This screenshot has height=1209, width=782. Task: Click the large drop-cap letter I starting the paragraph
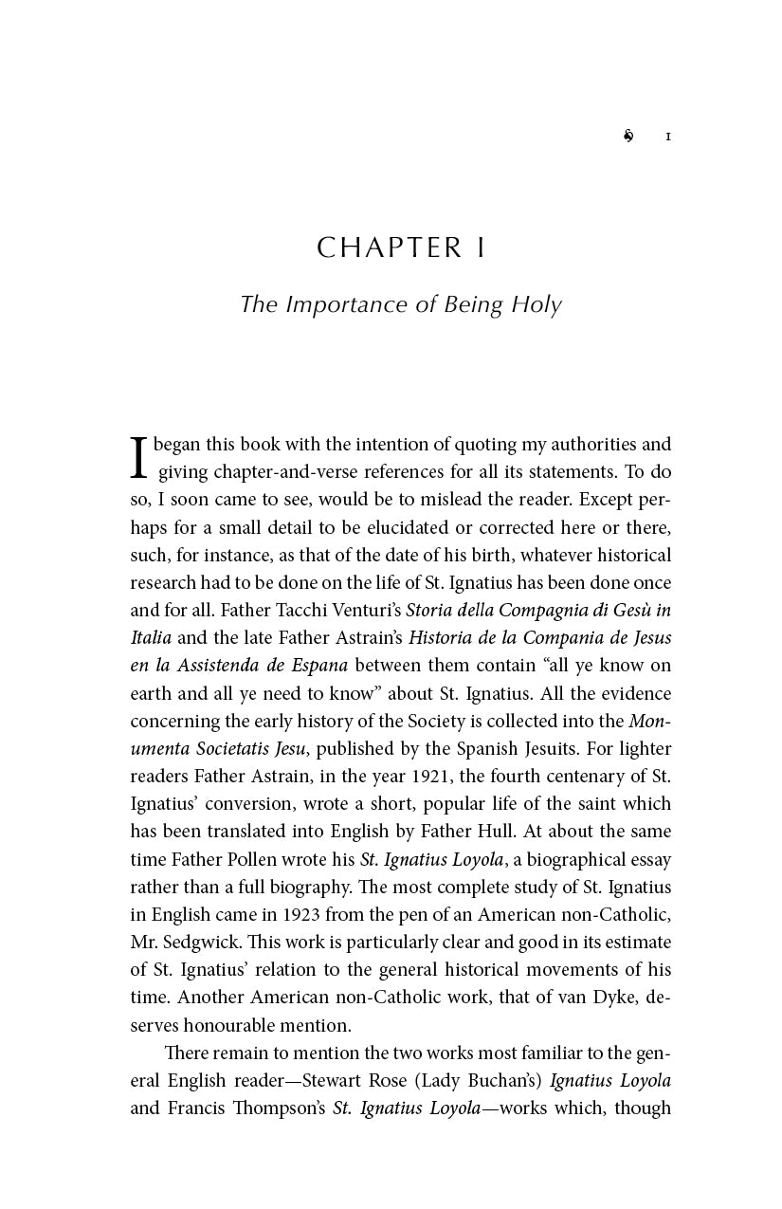click(x=139, y=457)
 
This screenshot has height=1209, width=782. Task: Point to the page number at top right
click(x=668, y=137)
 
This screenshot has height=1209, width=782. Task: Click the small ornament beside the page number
click(x=628, y=137)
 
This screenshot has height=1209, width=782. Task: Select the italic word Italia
click(x=151, y=638)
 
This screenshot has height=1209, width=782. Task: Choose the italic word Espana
click(x=318, y=666)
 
